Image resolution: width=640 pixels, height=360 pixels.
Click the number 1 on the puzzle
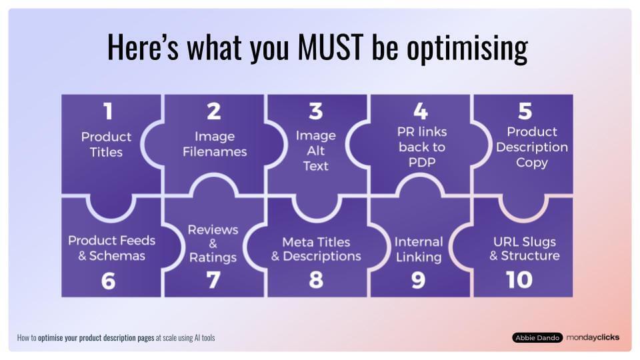pyautogui.click(x=107, y=111)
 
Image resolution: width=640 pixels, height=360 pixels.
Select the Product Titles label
pyautogui.click(x=107, y=144)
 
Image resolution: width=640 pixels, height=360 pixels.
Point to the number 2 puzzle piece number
pyautogui.click(x=213, y=111)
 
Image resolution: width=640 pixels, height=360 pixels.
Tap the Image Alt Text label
pyautogui.click(x=316, y=151)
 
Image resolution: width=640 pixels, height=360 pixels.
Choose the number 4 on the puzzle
pyautogui.click(x=419, y=110)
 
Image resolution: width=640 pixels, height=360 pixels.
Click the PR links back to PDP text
pyautogui.click(x=421, y=147)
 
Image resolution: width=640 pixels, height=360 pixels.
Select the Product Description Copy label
pyautogui.click(x=531, y=147)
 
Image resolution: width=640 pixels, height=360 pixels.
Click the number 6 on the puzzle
pyautogui.click(x=108, y=281)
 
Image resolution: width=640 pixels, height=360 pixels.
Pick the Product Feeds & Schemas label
pyautogui.click(x=111, y=247)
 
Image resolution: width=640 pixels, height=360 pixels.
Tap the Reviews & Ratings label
pyautogui.click(x=213, y=243)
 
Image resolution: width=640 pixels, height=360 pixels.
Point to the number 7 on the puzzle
pyautogui.click(x=213, y=281)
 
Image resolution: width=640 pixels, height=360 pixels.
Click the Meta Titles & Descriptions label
pyautogui.click(x=316, y=249)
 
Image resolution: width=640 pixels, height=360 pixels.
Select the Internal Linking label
pyautogui.click(x=418, y=249)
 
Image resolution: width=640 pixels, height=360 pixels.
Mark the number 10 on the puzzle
pyautogui.click(x=519, y=280)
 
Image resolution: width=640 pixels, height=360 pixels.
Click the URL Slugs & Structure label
pyautogui.click(x=525, y=248)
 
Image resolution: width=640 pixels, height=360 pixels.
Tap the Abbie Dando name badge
pyautogui.click(x=537, y=337)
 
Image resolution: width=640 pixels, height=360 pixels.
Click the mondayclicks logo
pyautogui.click(x=593, y=337)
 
